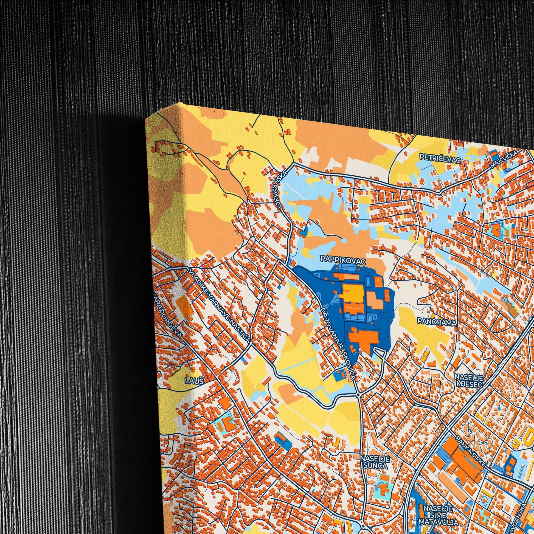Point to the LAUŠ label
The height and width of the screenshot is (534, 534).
(194, 382)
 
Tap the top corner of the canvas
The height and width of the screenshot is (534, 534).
(181, 104)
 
